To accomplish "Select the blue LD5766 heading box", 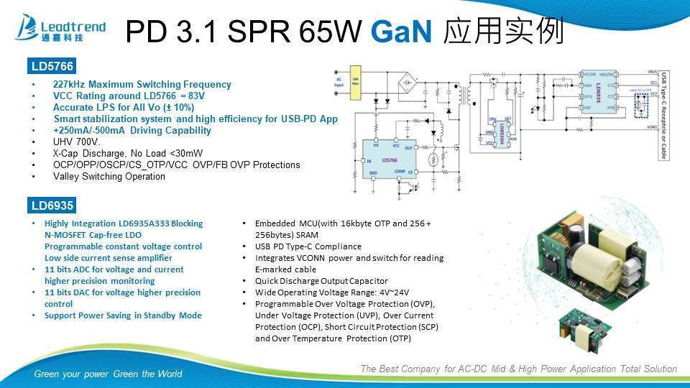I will [x=51, y=67].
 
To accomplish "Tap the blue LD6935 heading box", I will [x=51, y=205].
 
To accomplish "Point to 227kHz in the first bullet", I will [x=70, y=84].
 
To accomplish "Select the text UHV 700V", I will [x=77, y=142].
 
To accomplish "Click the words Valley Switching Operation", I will [x=109, y=176].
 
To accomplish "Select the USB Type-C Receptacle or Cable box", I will [x=664, y=115].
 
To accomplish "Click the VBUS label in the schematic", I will [x=651, y=72].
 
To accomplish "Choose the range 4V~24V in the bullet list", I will [x=392, y=292].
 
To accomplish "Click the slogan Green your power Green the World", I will [x=108, y=374].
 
